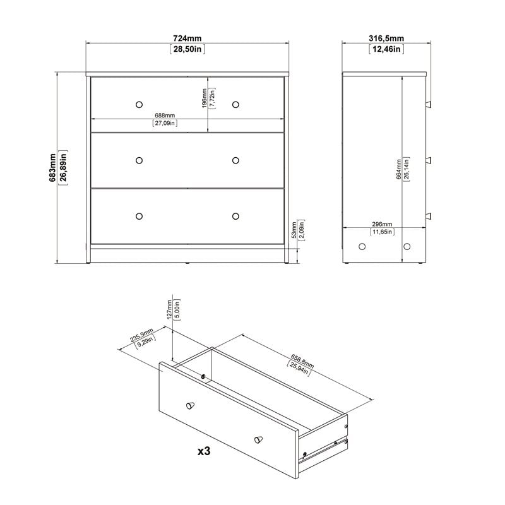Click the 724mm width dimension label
pyautogui.click(x=187, y=37)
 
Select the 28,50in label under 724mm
pyautogui.click(x=187, y=49)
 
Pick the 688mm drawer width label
pyautogui.click(x=165, y=116)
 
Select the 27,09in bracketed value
pyautogui.click(x=165, y=123)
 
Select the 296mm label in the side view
pyautogui.click(x=382, y=225)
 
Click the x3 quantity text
pyautogui.click(x=204, y=452)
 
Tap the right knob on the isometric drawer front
pyautogui.click(x=258, y=439)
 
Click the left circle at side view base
pyautogui.click(x=362, y=246)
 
